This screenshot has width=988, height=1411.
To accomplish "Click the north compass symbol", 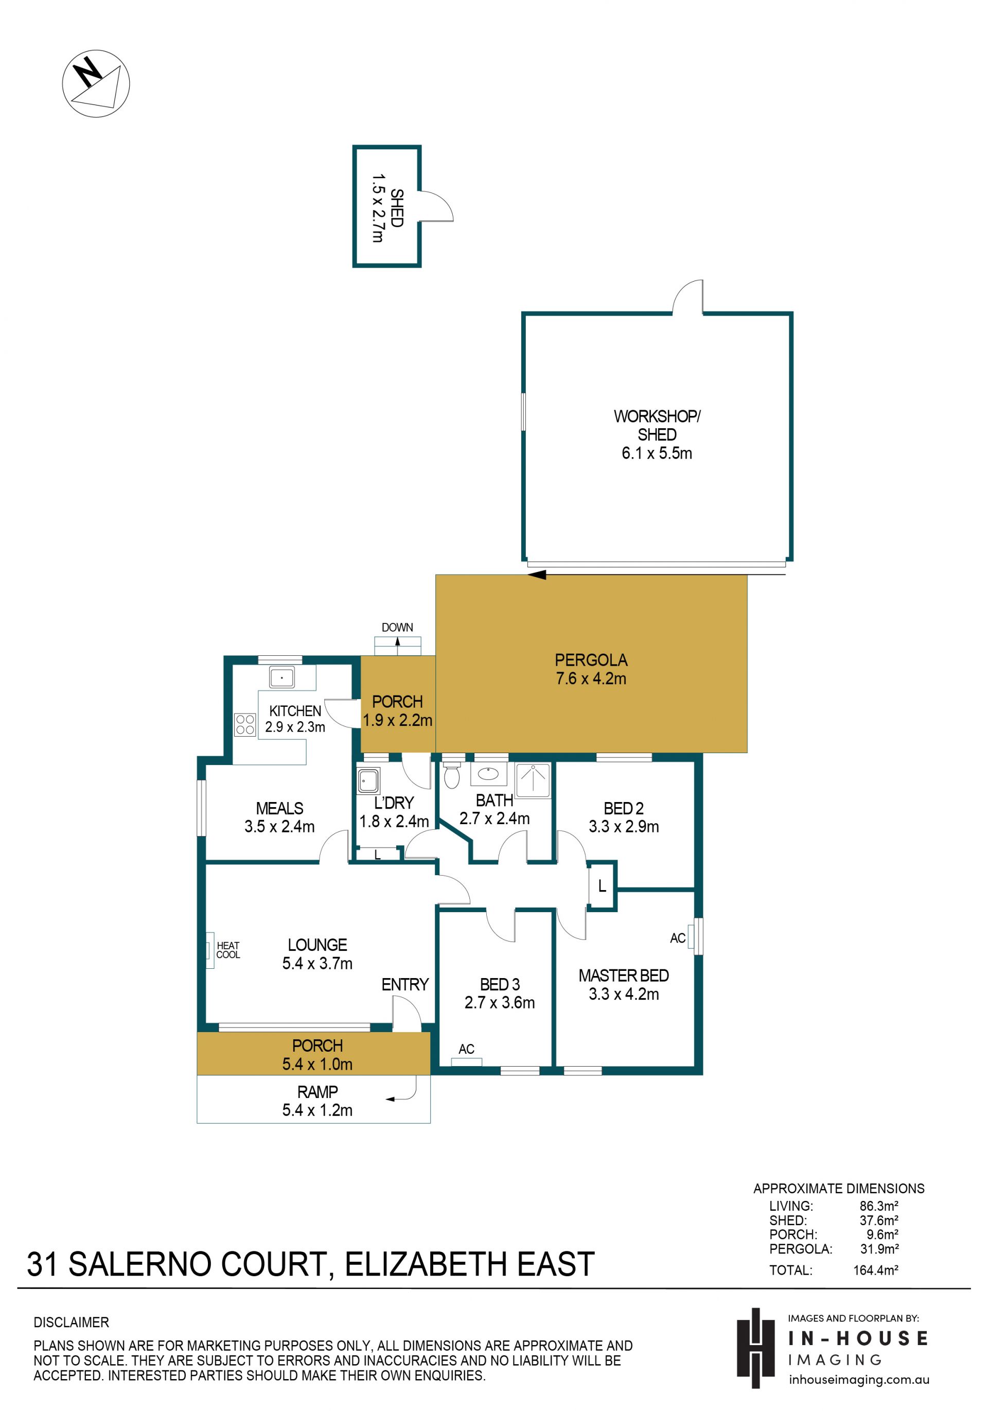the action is [96, 83].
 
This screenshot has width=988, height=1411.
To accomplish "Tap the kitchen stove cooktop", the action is [245, 725].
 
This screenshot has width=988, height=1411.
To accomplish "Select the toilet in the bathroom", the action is [452, 775].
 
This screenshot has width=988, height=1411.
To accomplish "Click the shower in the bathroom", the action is [533, 780].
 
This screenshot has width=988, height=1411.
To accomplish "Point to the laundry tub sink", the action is [368, 780].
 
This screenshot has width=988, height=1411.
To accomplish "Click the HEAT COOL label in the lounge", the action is [228, 950].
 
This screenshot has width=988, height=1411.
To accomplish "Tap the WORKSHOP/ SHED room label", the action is [657, 425].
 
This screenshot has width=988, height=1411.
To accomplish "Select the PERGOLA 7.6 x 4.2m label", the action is [591, 669].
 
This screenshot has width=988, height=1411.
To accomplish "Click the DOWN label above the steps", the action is [398, 628].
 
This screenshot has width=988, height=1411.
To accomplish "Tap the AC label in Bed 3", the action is [466, 1049].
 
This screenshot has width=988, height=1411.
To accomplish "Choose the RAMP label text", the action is [317, 1092].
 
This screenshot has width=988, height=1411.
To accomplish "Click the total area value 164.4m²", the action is [875, 1269].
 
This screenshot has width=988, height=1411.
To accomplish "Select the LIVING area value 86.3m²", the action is [878, 1206].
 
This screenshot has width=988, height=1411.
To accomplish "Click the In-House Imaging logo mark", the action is [756, 1348].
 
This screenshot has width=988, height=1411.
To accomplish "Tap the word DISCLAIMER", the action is [72, 1322].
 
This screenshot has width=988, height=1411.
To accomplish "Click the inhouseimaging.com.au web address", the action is [859, 1380].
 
